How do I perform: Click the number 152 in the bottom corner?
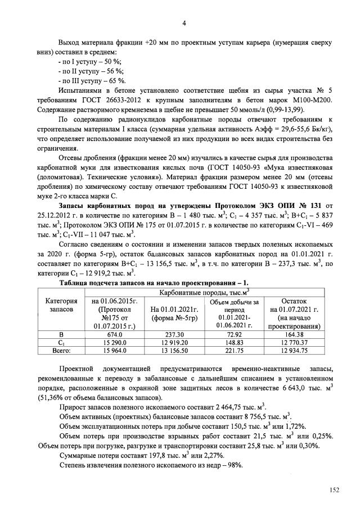[334, 491]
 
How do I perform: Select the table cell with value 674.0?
[115, 335]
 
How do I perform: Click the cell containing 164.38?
[294, 335]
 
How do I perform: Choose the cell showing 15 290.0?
[115, 342]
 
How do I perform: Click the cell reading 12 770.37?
[294, 342]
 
